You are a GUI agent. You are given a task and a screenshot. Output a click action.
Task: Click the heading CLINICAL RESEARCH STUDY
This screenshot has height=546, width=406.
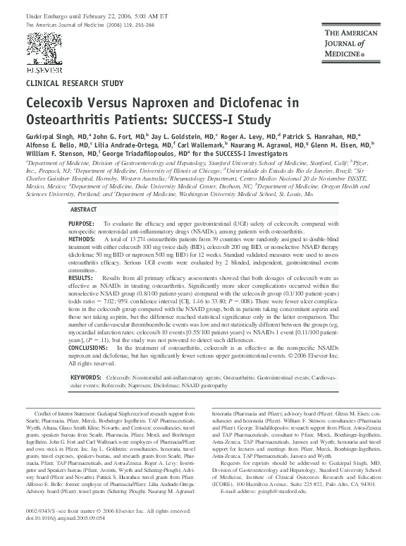click(x=70, y=83)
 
